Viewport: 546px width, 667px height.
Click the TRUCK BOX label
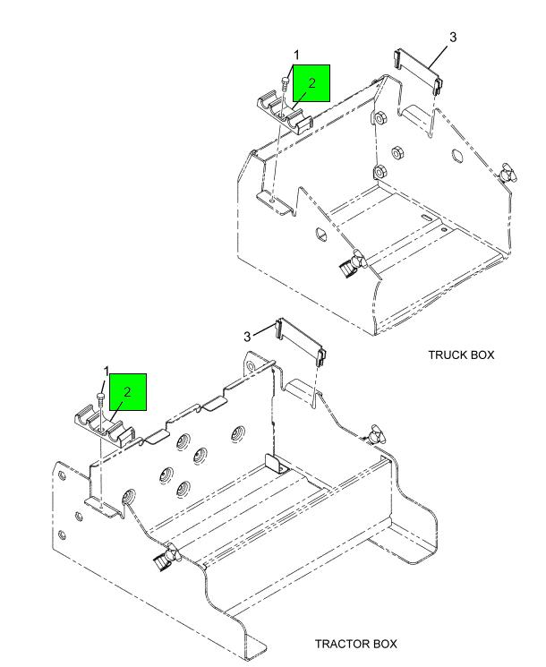tap(461, 355)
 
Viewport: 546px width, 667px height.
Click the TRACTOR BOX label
tap(355, 644)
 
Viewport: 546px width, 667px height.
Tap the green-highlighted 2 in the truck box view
tap(312, 83)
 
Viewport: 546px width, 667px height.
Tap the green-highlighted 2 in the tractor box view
tap(128, 392)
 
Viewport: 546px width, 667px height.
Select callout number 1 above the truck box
tap(296, 55)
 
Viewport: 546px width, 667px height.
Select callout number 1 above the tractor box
tap(107, 372)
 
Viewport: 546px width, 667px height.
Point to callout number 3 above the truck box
tap(453, 37)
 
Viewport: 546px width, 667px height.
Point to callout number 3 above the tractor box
tap(247, 337)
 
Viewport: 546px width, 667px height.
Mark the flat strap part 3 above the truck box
tap(417, 72)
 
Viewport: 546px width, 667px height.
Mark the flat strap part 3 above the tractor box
tap(301, 342)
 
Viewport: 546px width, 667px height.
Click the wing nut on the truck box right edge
tap(507, 173)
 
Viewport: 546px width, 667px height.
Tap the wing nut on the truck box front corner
tap(353, 264)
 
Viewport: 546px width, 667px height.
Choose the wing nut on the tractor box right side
tap(376, 435)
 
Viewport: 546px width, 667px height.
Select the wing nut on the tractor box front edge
tap(167, 557)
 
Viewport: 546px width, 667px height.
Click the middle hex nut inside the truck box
tap(397, 151)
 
